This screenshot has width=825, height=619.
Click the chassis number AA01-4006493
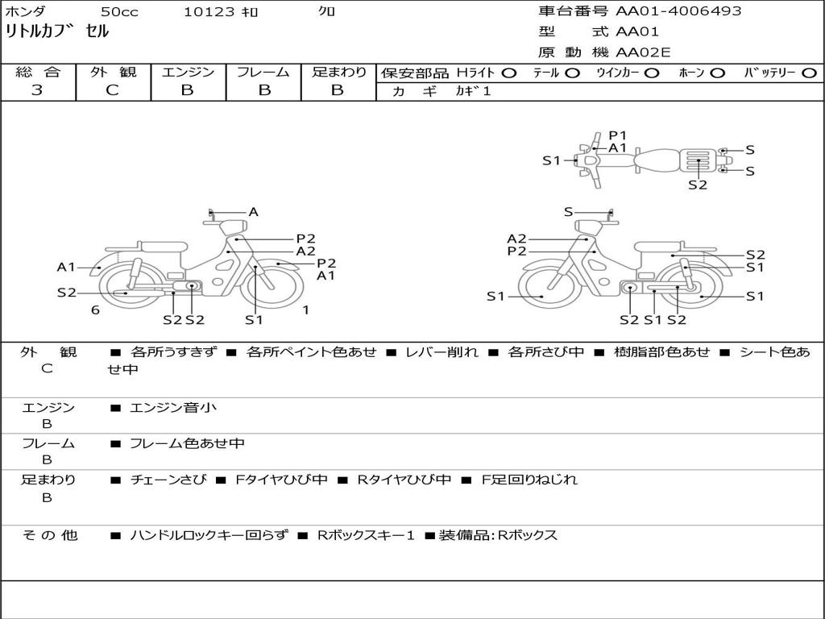(678, 10)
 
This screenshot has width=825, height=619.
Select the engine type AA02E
(643, 52)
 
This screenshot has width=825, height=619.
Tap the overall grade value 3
(37, 90)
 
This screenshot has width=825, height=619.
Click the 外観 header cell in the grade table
(113, 72)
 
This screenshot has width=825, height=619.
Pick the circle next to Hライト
(509, 73)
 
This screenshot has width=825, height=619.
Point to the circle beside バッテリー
(809, 73)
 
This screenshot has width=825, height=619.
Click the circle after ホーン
(718, 73)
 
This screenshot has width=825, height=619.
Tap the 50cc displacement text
(119, 11)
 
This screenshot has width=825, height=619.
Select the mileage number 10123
(209, 11)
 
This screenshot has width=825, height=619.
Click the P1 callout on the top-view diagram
(618, 135)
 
